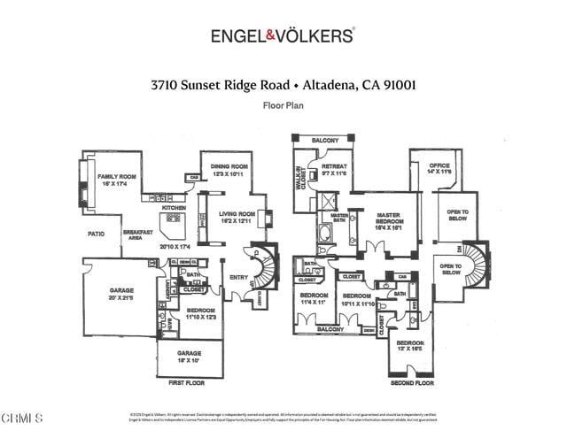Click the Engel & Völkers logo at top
tap(283, 35)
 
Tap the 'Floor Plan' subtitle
tap(283, 104)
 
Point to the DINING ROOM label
tap(229, 166)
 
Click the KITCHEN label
tap(174, 207)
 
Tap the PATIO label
tap(97, 234)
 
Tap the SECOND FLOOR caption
tap(413, 384)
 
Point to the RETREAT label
tap(334, 166)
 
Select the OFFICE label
tap(439, 165)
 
